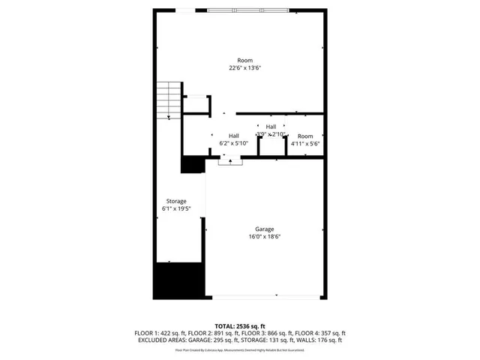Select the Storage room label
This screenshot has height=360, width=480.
[175, 201]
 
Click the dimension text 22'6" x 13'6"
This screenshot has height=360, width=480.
[244, 68]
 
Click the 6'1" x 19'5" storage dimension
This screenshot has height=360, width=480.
[175, 209]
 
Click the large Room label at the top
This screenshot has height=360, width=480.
[244, 60]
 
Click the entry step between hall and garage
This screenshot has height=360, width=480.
[230, 160]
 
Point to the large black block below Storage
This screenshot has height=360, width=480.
[178, 280]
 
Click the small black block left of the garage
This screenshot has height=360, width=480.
[193, 164]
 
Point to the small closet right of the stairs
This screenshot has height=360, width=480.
[195, 104]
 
